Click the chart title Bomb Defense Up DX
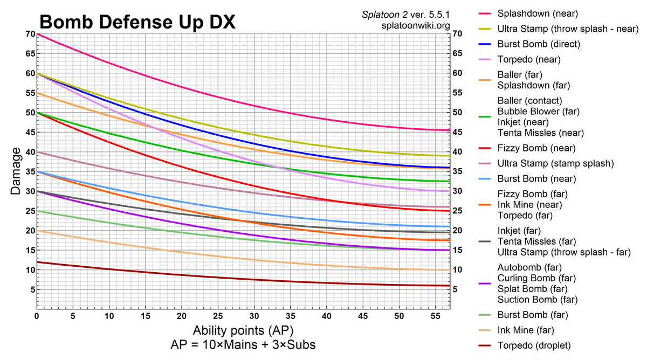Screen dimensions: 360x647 137,22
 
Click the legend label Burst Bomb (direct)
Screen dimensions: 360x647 539,44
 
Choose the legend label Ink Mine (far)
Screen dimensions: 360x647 526,330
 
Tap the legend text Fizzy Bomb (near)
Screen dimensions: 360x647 536,148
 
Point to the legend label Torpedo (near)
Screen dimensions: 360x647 529,59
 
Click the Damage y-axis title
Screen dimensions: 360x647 16,171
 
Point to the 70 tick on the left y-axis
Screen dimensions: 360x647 29,34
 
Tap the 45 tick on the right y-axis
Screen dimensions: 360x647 458,132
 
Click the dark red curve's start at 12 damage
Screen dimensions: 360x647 37,262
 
